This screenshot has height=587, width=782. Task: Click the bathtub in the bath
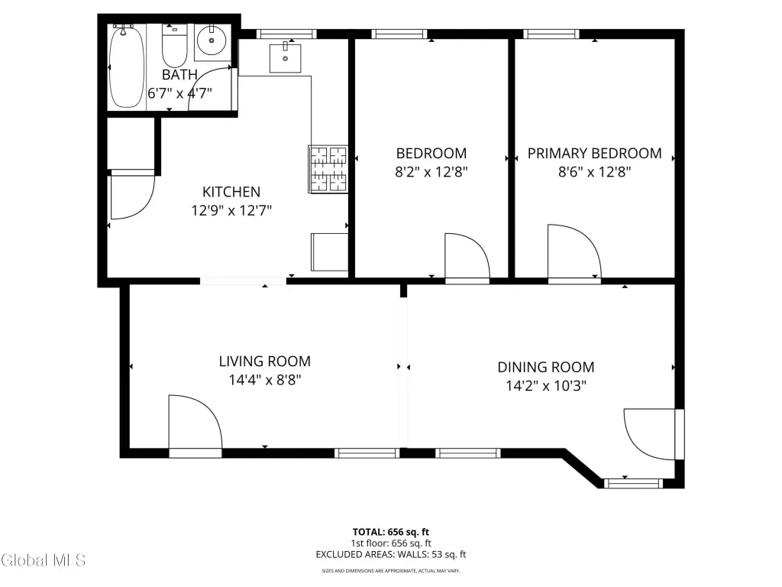point(127,67)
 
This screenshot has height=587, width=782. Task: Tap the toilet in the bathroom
point(175,46)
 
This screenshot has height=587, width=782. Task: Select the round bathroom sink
point(212,41)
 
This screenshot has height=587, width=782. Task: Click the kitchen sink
point(286,58)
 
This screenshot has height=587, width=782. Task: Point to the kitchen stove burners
point(328,169)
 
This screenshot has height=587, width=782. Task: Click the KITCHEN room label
point(231,192)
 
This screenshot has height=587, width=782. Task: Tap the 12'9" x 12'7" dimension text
point(231,211)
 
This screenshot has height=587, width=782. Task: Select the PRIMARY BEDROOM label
point(594,153)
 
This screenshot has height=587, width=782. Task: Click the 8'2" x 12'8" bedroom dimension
point(431,172)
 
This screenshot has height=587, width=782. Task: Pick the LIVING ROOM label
point(265,362)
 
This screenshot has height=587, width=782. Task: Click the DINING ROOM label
point(546,368)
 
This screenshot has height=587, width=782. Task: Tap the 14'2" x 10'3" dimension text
point(546,386)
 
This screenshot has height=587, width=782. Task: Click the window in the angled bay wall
point(633,483)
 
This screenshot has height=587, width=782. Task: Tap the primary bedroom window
point(551,34)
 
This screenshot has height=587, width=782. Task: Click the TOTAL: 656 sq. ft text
point(391,532)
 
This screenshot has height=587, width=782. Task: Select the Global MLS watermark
point(44,560)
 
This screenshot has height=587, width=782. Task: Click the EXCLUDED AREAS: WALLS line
point(391,555)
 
